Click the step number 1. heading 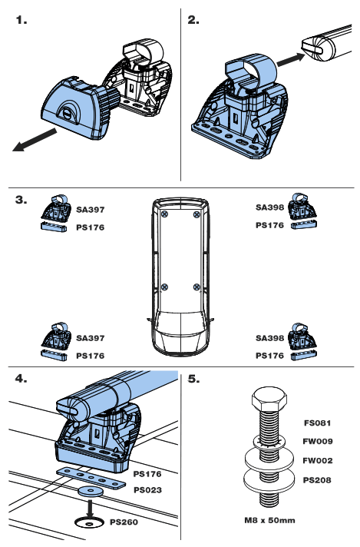coord(22,21)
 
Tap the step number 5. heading coord(194,379)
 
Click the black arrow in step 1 coord(35,141)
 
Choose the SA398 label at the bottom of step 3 coord(269,337)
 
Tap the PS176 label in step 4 coord(147,475)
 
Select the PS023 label coord(147,489)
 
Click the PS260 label coord(127,522)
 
